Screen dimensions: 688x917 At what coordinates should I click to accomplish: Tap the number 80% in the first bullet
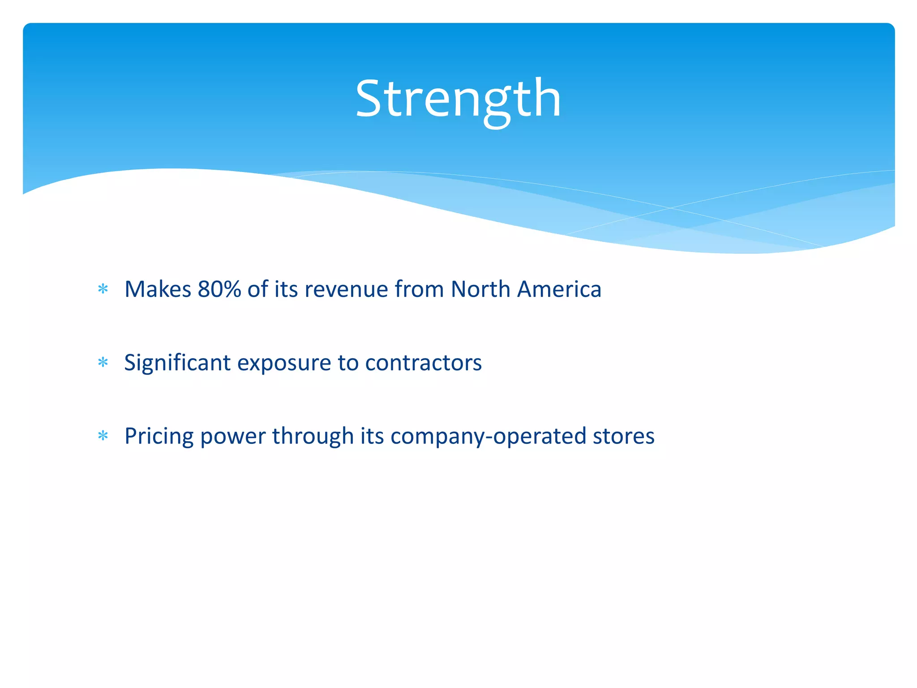point(219,289)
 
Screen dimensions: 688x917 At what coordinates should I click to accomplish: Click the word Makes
point(158,289)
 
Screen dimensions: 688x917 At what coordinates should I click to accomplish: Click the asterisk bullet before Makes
point(103,289)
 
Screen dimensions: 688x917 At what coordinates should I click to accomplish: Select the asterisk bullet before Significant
point(103,362)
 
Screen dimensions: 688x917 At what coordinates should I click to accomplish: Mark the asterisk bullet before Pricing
point(103,436)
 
